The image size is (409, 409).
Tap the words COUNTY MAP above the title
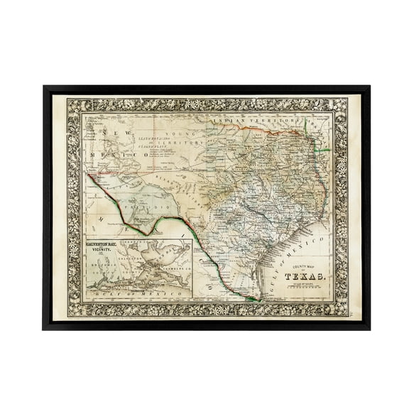click(x=298, y=266)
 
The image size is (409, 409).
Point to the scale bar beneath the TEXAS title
click(x=301, y=288)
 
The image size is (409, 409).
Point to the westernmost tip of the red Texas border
click(x=89, y=173)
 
